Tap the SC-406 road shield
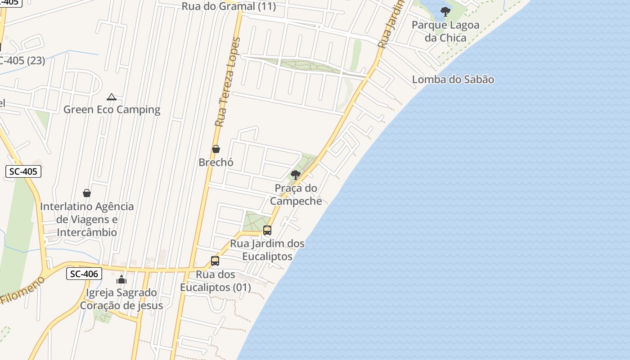(84, 273)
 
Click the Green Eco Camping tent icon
(112, 97)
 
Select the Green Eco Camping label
(112, 109)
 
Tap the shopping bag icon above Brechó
(216, 149)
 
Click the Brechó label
(216, 162)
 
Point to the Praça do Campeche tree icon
(296, 175)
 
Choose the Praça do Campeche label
(296, 194)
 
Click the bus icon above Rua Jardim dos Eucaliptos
(267, 230)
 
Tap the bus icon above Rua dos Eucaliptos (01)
(215, 261)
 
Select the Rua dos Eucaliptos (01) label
(216, 281)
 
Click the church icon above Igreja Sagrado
(121, 279)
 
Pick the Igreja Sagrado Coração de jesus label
(121, 299)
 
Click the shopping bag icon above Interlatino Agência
(87, 193)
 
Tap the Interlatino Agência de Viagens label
(87, 219)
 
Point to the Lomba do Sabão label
(453, 80)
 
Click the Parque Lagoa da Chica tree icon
(445, 12)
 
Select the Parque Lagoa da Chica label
(445, 31)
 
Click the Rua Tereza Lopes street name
(227, 82)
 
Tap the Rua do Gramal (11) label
(229, 6)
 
